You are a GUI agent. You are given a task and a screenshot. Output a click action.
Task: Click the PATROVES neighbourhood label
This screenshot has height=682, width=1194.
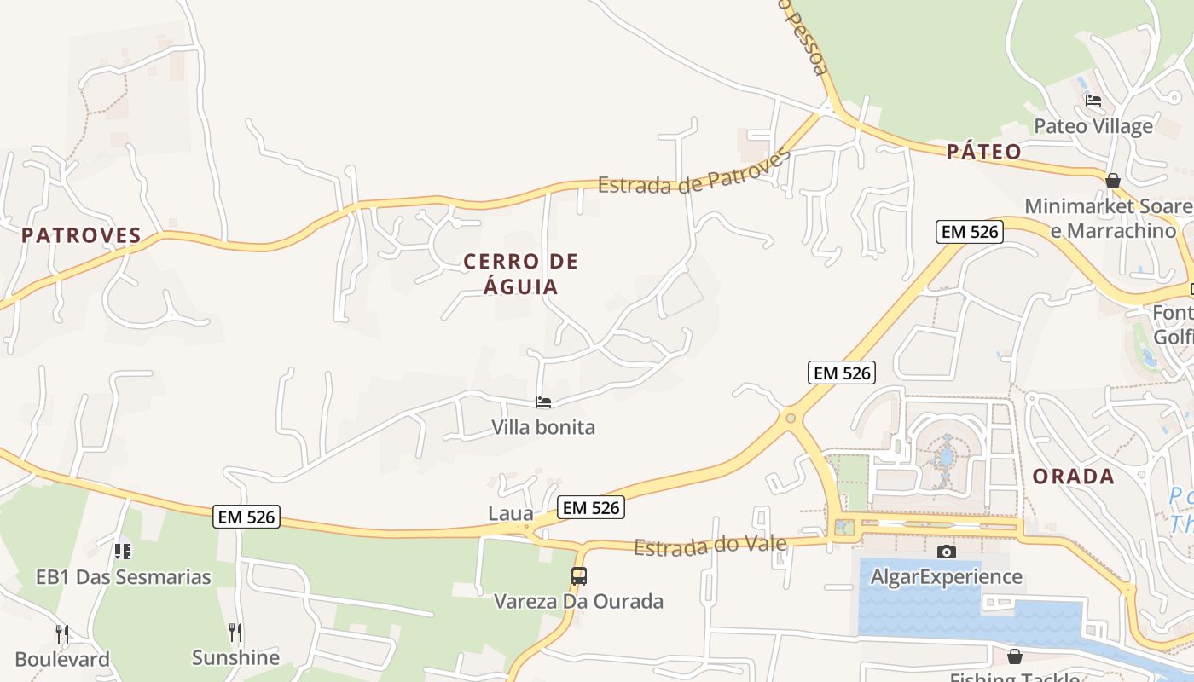(x=81, y=235)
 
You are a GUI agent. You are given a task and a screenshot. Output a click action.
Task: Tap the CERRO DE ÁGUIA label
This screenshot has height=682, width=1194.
(x=520, y=274)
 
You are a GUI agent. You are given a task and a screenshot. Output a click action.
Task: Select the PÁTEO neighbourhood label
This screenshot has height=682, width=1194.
(x=983, y=152)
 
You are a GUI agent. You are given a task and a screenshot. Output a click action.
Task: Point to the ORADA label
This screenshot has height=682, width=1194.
(x=1073, y=476)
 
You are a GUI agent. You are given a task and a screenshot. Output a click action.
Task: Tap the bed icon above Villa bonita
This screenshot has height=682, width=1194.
(x=543, y=402)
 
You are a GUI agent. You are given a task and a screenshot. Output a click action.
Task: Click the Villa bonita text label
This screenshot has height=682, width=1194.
(x=543, y=427)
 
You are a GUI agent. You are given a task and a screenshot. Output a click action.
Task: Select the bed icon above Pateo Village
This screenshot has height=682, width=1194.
(x=1093, y=101)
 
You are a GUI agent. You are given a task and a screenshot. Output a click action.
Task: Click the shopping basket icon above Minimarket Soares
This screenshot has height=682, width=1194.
(x=1112, y=181)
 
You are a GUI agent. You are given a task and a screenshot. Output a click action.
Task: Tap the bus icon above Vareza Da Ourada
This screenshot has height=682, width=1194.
(x=579, y=575)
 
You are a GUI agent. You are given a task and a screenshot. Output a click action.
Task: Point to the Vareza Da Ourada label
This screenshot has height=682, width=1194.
(x=579, y=601)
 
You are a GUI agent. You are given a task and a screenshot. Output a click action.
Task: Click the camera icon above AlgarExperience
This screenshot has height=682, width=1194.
(x=946, y=552)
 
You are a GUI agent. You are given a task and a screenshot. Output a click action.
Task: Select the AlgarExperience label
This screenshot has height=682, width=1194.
(x=946, y=576)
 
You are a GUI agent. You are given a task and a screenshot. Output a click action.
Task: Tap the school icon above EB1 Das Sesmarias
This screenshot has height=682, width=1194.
(x=123, y=552)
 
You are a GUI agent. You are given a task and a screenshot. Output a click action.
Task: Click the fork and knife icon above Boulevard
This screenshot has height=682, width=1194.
(x=62, y=633)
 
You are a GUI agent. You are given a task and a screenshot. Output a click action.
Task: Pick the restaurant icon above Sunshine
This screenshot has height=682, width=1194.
(x=235, y=632)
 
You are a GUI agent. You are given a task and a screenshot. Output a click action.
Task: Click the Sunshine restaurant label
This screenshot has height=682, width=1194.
(x=235, y=657)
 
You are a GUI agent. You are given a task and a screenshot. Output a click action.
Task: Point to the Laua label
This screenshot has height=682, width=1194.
(x=511, y=514)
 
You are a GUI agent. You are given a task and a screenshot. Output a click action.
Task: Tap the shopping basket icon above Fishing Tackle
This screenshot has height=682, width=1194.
(x=1014, y=656)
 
